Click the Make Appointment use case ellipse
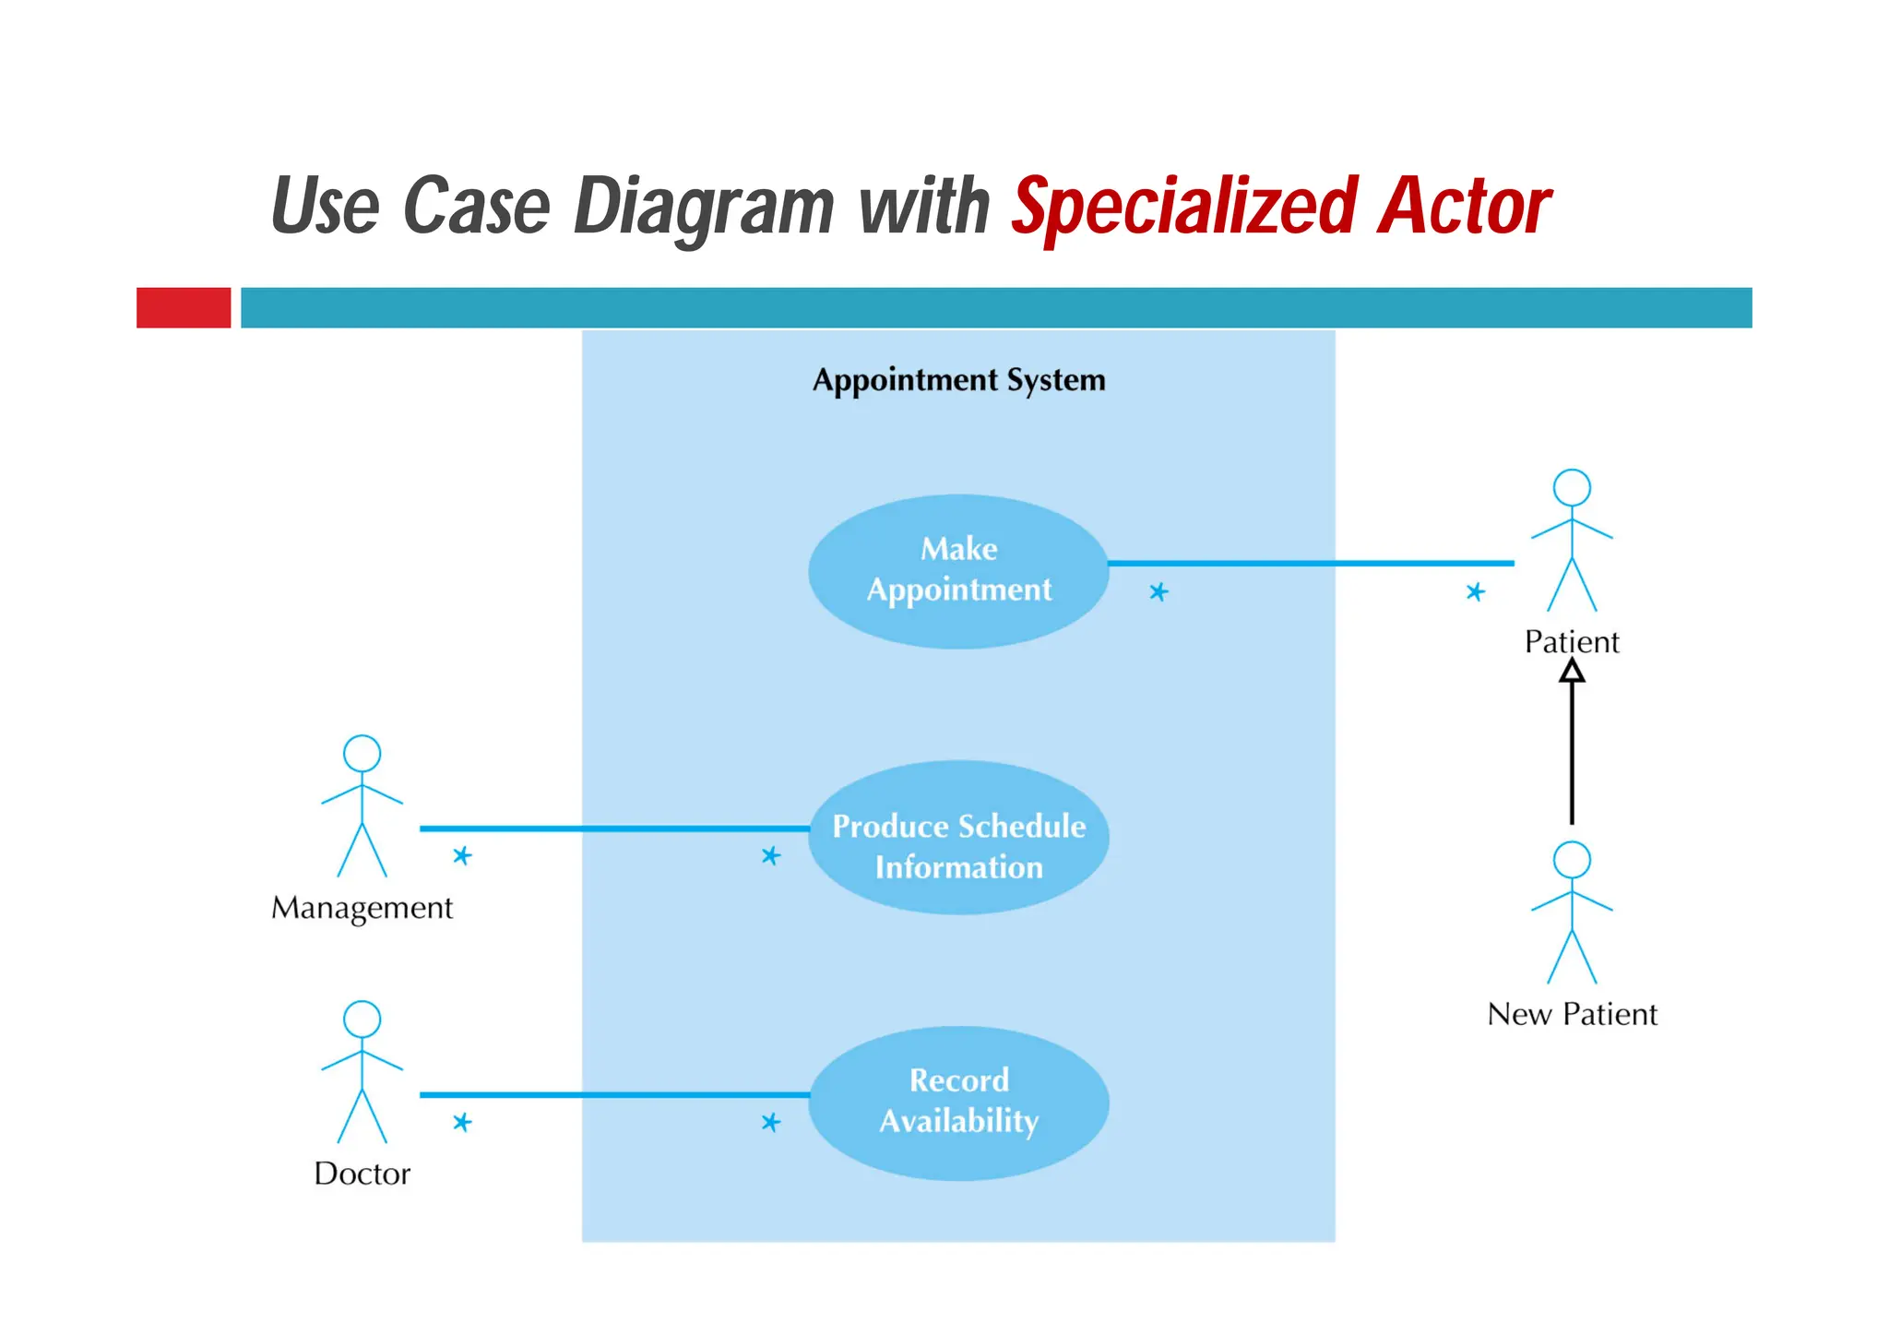tap(958, 571)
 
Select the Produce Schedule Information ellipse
tap(958, 838)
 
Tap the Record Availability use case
tap(958, 1103)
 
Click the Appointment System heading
tap(958, 380)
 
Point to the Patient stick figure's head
tap(1572, 487)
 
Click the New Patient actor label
tap(1572, 1014)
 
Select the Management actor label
tap(362, 908)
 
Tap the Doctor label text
tap(362, 1174)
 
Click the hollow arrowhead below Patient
tap(1572, 672)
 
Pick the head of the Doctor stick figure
tap(362, 1019)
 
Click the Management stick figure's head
tap(362, 753)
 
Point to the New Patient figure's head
tap(1572, 859)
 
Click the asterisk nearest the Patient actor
tap(1475, 591)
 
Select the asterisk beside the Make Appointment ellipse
tap(1158, 591)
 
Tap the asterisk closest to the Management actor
tap(462, 856)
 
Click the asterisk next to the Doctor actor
tap(462, 1122)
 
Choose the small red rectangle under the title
tap(184, 307)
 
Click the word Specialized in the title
tap(1183, 207)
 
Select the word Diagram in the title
tap(703, 207)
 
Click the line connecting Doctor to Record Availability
tap(613, 1095)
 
